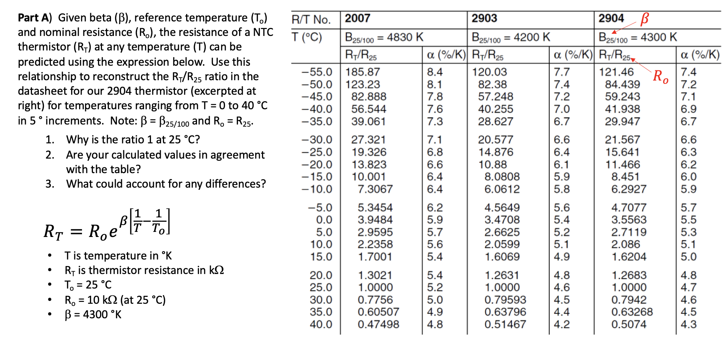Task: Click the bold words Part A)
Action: tap(35, 18)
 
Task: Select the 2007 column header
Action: tap(357, 19)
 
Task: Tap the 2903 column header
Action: tap(484, 19)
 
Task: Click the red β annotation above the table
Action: tap(644, 18)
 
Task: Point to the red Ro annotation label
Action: tap(660, 76)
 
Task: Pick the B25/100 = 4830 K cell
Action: tap(384, 37)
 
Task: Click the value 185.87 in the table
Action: tap(362, 72)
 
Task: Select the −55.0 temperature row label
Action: tap(317, 72)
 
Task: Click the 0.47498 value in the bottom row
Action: tap(378, 324)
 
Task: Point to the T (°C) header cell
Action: tap(307, 37)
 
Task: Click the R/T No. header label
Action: tap(311, 20)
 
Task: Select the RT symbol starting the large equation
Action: tap(53, 232)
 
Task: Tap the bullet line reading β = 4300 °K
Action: tap(93, 314)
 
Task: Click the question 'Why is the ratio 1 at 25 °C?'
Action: tap(133, 140)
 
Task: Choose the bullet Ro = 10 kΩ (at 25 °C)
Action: tap(115, 300)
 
